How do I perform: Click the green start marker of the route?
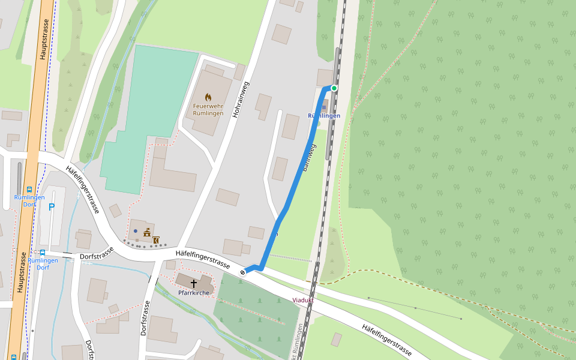coord(334,88)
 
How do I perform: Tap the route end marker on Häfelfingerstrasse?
coord(243,272)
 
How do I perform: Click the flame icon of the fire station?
coord(208,97)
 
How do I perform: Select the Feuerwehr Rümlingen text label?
coord(208,110)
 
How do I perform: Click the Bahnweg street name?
coord(310,157)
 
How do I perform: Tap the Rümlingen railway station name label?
coord(324,116)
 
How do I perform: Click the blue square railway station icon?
coord(324,108)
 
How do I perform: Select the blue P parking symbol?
coord(52,208)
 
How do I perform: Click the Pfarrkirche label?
coord(194,293)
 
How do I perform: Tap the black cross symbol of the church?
coord(194,282)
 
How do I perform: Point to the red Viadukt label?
coord(303,299)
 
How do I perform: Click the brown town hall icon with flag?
coord(147,232)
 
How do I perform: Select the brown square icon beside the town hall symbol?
coord(156,241)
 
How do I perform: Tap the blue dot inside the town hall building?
coord(136,230)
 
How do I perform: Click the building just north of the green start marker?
coord(325,77)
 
